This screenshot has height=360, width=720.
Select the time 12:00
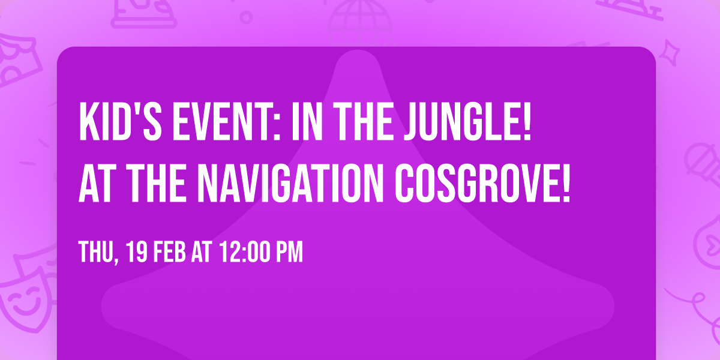tap(247, 253)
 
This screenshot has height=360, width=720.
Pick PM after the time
tap(289, 253)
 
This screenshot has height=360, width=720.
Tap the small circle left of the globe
tap(246, 16)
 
